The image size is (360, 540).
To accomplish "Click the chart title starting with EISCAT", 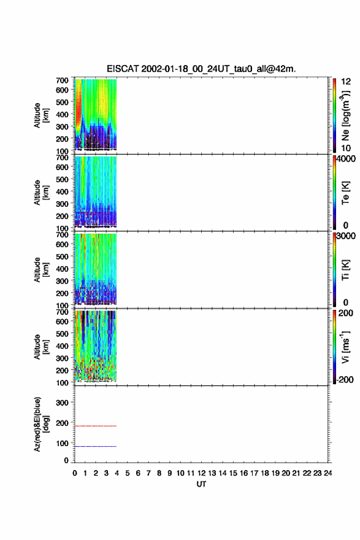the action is [x=201, y=69].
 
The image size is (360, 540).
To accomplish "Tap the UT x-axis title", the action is [x=201, y=484].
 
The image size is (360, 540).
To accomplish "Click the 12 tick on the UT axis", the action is [x=201, y=473].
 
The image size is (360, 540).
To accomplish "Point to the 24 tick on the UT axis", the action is [x=327, y=473].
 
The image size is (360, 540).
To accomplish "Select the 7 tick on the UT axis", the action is [x=148, y=473].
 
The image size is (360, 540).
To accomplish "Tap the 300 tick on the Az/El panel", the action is [x=62, y=403].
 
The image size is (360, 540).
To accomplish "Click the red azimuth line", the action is [x=96, y=426].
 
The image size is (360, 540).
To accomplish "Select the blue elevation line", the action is [x=96, y=446].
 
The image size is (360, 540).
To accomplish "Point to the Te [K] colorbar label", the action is [x=345, y=193].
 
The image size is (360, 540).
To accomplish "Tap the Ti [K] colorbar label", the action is [x=345, y=270].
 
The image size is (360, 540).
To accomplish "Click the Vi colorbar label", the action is [x=345, y=347].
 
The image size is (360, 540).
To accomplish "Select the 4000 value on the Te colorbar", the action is [x=346, y=159].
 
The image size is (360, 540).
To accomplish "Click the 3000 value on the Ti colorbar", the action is [x=346, y=236].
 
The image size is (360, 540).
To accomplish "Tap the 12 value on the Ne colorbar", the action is [x=346, y=82].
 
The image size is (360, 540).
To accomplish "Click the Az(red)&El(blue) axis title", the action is [x=41, y=424].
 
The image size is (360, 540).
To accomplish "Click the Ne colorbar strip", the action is [x=334, y=115].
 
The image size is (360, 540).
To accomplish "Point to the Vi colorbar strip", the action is [x=334, y=347].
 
